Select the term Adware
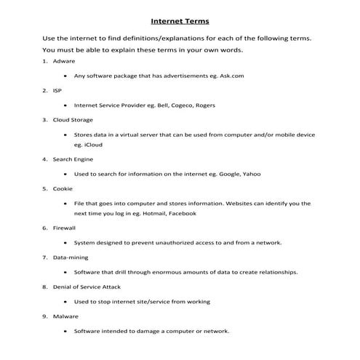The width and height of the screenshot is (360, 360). click(x=64, y=61)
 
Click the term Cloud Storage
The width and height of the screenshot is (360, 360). click(x=73, y=119)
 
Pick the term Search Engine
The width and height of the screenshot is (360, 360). click(x=73, y=159)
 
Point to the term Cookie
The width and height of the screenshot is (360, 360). click(x=63, y=188)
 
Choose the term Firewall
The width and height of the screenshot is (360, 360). click(x=65, y=227)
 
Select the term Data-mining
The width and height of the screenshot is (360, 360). click(x=71, y=257)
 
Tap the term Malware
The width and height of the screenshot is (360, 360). click(x=65, y=316)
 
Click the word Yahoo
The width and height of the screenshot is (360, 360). click(x=251, y=174)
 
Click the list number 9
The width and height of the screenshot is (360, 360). click(x=45, y=316)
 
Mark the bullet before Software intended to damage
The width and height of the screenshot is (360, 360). click(x=66, y=331)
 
